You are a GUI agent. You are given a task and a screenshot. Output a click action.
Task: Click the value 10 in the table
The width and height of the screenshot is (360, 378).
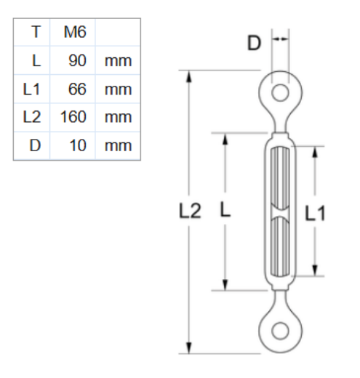pos(78,145)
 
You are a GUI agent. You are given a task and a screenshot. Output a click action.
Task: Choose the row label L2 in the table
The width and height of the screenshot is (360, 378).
pos(31,117)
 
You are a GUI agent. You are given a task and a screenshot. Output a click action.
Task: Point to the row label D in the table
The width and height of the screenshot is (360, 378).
pos(34,145)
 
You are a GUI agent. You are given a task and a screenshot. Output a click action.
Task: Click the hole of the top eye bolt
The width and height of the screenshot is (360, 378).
pos(279,92)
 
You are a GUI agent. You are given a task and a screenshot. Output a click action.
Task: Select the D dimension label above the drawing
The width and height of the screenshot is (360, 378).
pos(254,43)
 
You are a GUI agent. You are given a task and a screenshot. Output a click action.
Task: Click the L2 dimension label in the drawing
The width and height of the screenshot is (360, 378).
pos(191,212)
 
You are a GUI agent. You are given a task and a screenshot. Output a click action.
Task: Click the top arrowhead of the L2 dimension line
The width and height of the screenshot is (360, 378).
pos(191,75)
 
